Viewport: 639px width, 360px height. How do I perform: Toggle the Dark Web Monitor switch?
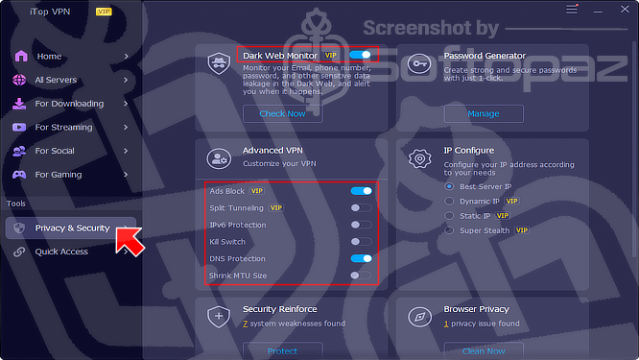(360, 56)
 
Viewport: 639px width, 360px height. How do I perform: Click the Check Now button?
(282, 113)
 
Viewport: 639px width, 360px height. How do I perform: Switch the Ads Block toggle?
(362, 191)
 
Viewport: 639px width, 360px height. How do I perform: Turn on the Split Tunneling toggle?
(362, 207)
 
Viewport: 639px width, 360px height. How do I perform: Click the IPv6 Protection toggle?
(362, 225)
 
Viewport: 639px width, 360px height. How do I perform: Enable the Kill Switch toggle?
(362, 242)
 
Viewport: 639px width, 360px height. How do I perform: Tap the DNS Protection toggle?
(362, 259)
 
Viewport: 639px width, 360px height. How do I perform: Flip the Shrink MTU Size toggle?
(362, 276)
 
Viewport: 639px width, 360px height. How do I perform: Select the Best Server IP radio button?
(449, 186)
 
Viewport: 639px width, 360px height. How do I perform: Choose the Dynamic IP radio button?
(449, 201)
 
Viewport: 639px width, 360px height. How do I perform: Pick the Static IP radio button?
(449, 216)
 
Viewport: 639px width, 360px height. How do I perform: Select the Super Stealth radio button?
(449, 231)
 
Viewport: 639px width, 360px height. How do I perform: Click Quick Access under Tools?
(61, 252)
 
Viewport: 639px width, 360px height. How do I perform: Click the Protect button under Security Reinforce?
(282, 350)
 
